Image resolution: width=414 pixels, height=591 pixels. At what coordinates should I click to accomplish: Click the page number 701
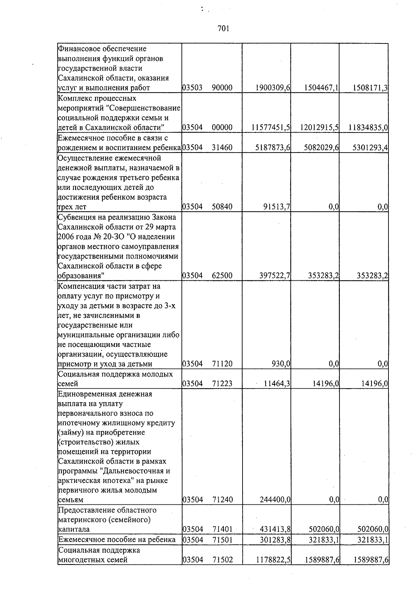click(224, 29)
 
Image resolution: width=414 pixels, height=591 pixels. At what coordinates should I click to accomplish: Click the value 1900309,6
click(273, 88)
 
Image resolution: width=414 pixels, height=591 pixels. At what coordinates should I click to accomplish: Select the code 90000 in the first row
click(222, 88)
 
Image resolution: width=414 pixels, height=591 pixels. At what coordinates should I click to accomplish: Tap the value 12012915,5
click(319, 128)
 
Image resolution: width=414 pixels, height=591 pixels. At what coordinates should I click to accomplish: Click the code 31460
click(222, 148)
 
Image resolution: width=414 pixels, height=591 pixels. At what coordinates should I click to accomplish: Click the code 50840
click(222, 207)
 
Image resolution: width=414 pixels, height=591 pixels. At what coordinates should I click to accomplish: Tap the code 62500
click(222, 276)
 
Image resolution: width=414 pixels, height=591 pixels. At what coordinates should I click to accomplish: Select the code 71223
click(222, 384)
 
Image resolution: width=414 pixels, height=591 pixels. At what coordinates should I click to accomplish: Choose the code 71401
click(222, 529)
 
